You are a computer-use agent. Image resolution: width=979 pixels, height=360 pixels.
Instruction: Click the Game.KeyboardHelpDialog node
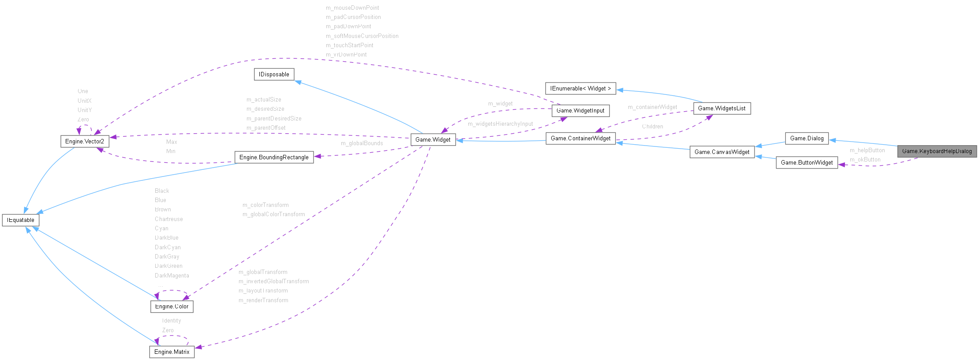pyautogui.click(x=937, y=151)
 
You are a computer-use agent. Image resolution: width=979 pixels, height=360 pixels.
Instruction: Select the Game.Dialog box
pyautogui.click(x=807, y=139)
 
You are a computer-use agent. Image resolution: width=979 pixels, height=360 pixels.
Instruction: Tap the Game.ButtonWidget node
pyautogui.click(x=807, y=163)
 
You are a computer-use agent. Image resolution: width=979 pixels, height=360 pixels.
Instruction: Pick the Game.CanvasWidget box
pyautogui.click(x=722, y=152)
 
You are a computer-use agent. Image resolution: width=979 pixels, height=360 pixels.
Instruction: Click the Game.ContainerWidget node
pyautogui.click(x=580, y=139)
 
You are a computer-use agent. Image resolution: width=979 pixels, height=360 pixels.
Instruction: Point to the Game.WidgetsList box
pyautogui.click(x=721, y=109)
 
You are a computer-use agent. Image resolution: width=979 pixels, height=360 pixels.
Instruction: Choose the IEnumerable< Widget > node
pyautogui.click(x=580, y=89)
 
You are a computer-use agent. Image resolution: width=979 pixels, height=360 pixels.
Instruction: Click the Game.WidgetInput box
pyautogui.click(x=580, y=111)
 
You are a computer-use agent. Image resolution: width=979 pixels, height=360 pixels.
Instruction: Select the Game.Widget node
pyautogui.click(x=433, y=140)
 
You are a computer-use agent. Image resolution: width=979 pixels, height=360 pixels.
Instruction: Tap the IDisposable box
pyautogui.click(x=274, y=75)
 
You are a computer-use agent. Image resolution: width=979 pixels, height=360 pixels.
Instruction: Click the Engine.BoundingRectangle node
pyautogui.click(x=274, y=157)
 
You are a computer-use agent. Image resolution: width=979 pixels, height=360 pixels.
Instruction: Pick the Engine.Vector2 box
pyautogui.click(x=84, y=142)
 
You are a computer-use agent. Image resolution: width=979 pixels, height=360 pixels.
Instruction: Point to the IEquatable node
pyautogui.click(x=21, y=220)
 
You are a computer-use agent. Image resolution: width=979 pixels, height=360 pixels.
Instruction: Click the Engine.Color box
pyautogui.click(x=172, y=307)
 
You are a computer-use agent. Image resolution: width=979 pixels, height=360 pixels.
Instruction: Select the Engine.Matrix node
pyautogui.click(x=172, y=352)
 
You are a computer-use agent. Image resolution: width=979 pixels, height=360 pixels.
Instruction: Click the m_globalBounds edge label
pyautogui.click(x=362, y=143)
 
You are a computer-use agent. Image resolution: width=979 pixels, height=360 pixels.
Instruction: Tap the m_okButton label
pyautogui.click(x=865, y=160)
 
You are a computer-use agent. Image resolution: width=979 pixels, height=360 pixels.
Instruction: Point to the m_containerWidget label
pyautogui.click(x=652, y=107)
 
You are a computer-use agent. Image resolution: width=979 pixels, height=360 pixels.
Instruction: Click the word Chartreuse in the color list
pyautogui.click(x=168, y=219)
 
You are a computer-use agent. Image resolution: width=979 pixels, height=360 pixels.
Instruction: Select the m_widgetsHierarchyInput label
pyautogui.click(x=500, y=124)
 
